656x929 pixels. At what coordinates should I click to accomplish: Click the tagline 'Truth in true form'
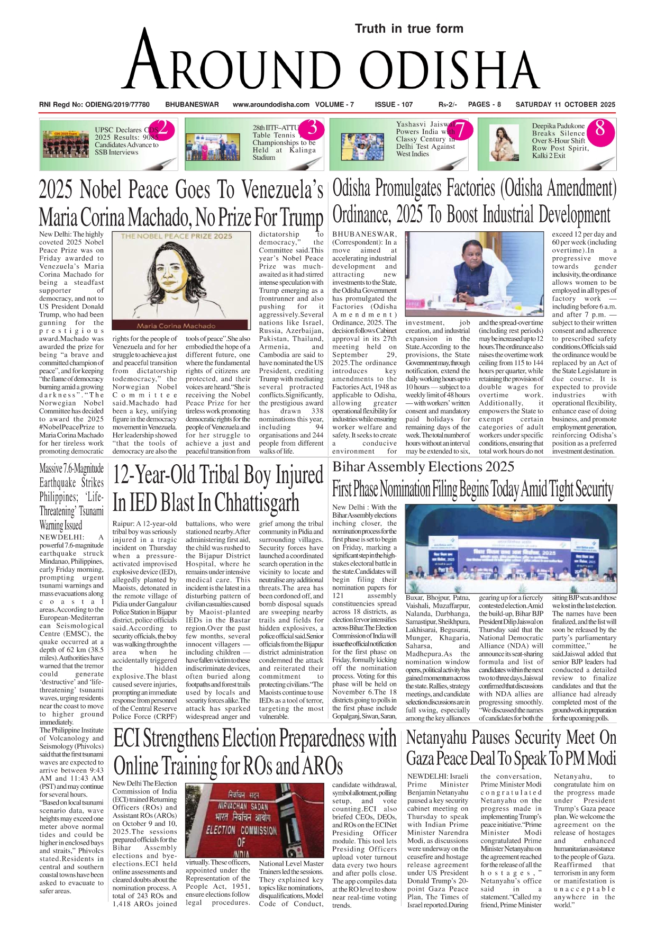[409, 29]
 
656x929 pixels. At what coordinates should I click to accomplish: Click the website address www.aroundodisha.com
[271, 105]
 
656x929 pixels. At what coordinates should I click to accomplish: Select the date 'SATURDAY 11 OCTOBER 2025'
[565, 105]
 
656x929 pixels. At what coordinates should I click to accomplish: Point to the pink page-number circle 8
[600, 129]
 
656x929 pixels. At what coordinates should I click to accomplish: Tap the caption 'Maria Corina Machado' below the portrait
[176, 326]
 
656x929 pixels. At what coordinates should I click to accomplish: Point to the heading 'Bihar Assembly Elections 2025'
[423, 467]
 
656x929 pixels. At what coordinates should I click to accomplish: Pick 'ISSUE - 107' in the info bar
[394, 105]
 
